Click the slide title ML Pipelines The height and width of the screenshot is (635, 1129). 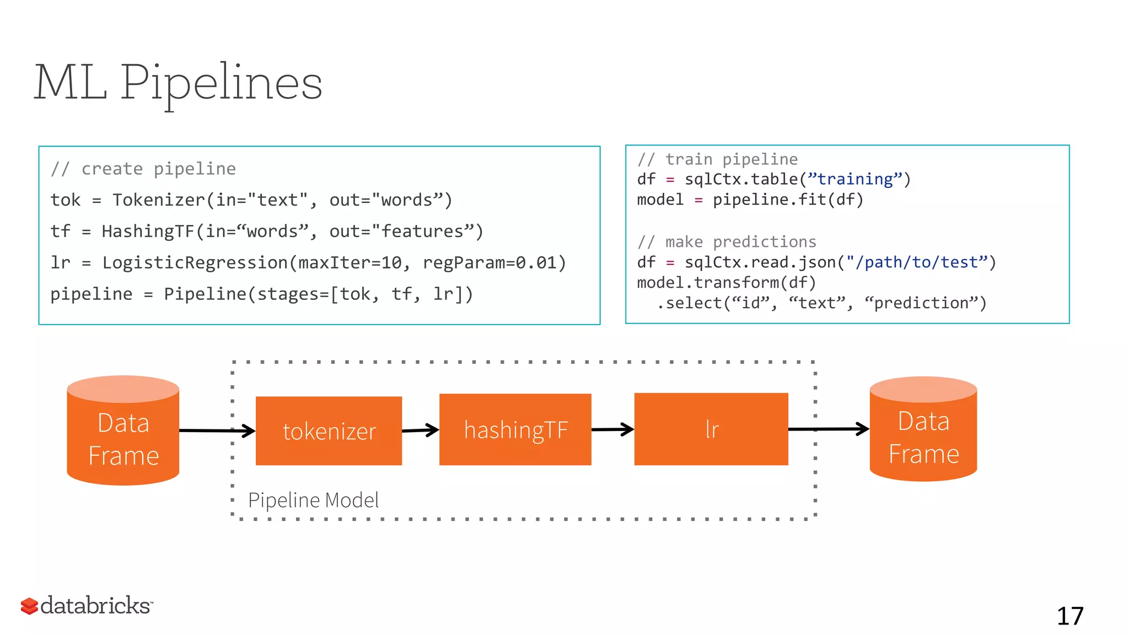[x=178, y=83]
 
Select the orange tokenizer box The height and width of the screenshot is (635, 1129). [x=329, y=430]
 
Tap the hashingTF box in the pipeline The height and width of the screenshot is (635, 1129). [x=515, y=429]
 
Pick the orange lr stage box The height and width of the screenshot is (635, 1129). [x=711, y=429]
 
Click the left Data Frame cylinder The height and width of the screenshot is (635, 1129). [x=123, y=431]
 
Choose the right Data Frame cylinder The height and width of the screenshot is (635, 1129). [x=923, y=429]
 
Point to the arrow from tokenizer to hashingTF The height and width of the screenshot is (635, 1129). [x=420, y=430]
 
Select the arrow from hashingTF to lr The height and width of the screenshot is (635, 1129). [x=612, y=429]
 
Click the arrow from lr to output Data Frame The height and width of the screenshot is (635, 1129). [x=829, y=428]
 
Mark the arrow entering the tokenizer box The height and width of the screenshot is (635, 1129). [x=217, y=430]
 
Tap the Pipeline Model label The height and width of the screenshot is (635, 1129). [x=313, y=500]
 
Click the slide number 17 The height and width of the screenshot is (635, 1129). [x=1069, y=616]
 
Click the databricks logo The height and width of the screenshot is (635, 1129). [x=87, y=605]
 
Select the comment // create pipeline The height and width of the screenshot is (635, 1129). [x=143, y=169]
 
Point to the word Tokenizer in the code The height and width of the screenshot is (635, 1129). [x=159, y=200]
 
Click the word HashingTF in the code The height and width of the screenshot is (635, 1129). [x=148, y=232]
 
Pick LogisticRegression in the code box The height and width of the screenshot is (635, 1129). [x=195, y=263]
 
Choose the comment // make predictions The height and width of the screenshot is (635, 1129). [x=726, y=242]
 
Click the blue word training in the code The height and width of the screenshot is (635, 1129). [x=854, y=179]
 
